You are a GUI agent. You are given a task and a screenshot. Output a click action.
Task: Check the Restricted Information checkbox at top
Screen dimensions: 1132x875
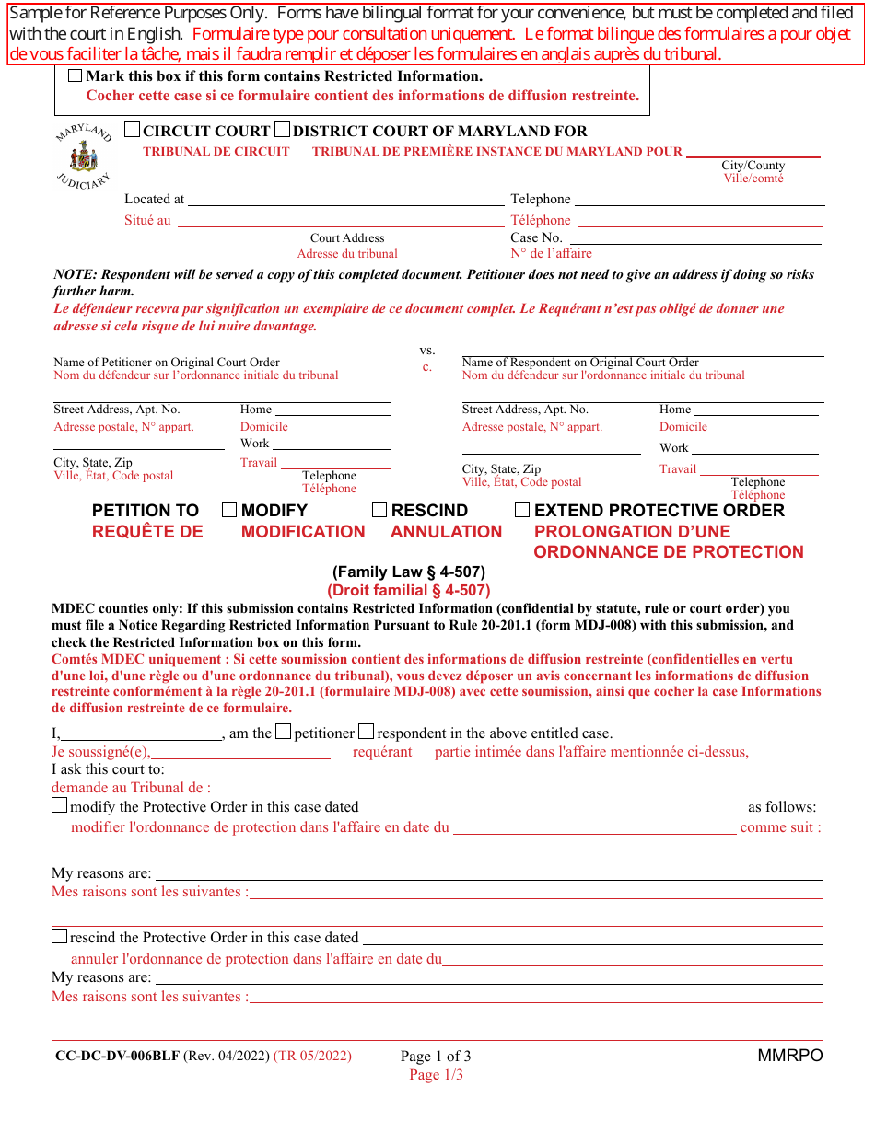75,76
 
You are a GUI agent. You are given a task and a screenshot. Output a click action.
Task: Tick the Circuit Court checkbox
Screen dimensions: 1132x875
133,131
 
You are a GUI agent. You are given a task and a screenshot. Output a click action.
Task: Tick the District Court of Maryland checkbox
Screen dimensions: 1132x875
283,131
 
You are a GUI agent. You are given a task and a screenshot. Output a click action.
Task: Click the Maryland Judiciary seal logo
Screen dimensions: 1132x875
83,157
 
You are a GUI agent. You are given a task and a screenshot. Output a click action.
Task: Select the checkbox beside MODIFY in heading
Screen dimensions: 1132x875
229,510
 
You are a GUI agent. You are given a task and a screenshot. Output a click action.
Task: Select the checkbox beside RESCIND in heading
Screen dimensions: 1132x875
379,510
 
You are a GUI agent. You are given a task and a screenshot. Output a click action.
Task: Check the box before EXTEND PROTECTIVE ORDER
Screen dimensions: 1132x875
522,510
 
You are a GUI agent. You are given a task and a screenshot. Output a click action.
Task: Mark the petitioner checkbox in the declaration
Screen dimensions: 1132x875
284,733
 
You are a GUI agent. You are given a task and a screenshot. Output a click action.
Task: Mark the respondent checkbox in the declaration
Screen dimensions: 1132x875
366,733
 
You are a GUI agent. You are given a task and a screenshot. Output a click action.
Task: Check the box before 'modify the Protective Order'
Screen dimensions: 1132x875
60,805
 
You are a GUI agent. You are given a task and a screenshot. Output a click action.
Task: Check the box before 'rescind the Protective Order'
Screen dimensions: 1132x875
60,936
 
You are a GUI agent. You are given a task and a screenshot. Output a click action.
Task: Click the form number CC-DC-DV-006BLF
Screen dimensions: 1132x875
117,1056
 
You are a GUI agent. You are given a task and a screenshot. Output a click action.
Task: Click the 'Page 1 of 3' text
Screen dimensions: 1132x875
436,1057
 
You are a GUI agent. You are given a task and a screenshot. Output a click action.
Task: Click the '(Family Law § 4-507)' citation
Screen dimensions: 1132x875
409,572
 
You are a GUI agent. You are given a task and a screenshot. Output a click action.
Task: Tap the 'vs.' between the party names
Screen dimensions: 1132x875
427,351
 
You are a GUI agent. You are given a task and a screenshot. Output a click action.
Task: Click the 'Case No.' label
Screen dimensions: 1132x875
536,237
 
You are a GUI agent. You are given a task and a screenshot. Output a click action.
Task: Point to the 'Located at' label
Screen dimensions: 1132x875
154,199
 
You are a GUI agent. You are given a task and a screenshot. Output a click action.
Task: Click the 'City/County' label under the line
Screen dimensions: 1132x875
752,166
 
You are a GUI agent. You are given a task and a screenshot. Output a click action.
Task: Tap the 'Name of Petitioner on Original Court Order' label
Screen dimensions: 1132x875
167,363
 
